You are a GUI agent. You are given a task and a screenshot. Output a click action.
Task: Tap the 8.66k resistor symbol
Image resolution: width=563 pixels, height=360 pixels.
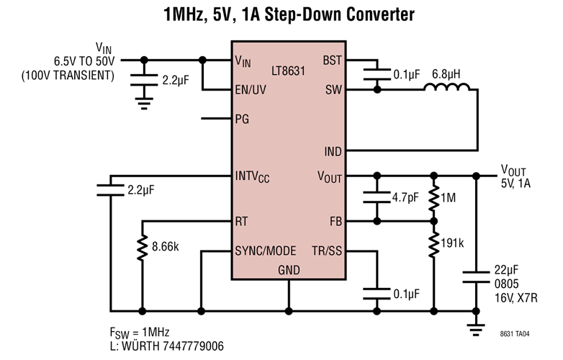pos(143,247)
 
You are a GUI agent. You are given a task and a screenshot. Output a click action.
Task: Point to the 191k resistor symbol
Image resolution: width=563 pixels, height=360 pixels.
pos(433,243)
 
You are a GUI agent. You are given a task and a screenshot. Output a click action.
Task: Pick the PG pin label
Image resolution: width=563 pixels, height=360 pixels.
pos(242,119)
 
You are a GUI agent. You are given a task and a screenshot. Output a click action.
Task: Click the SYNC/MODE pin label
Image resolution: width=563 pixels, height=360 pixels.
pos(265,251)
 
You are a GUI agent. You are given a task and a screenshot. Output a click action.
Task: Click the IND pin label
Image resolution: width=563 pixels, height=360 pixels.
pos(333,151)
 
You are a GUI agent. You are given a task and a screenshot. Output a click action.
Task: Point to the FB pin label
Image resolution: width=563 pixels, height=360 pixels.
pos(335,221)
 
